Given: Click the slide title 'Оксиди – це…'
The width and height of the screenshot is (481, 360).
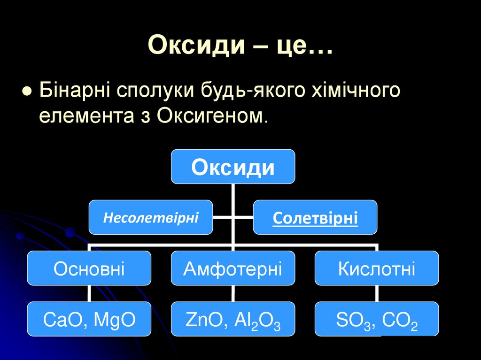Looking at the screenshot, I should tap(240, 46).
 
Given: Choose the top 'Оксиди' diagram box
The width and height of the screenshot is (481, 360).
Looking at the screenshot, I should tap(233, 167).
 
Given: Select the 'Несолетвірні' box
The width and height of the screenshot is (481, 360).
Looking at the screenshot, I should tap(151, 217).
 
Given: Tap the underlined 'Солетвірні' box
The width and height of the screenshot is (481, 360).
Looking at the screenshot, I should tap(315, 218).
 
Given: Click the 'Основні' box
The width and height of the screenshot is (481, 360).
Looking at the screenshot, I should tap(89, 268).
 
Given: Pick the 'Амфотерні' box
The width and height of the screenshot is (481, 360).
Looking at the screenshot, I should tap(233, 268).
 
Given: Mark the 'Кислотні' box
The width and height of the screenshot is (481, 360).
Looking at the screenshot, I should tap(377, 268).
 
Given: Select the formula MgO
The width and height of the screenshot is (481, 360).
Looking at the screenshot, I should tap(115, 320).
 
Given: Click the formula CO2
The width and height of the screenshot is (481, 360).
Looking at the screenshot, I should tap(400, 321).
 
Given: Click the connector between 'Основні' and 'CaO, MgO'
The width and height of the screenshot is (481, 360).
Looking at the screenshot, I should tap(89, 293).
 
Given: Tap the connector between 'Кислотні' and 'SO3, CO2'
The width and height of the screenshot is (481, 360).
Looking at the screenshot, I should tap(377, 293).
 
